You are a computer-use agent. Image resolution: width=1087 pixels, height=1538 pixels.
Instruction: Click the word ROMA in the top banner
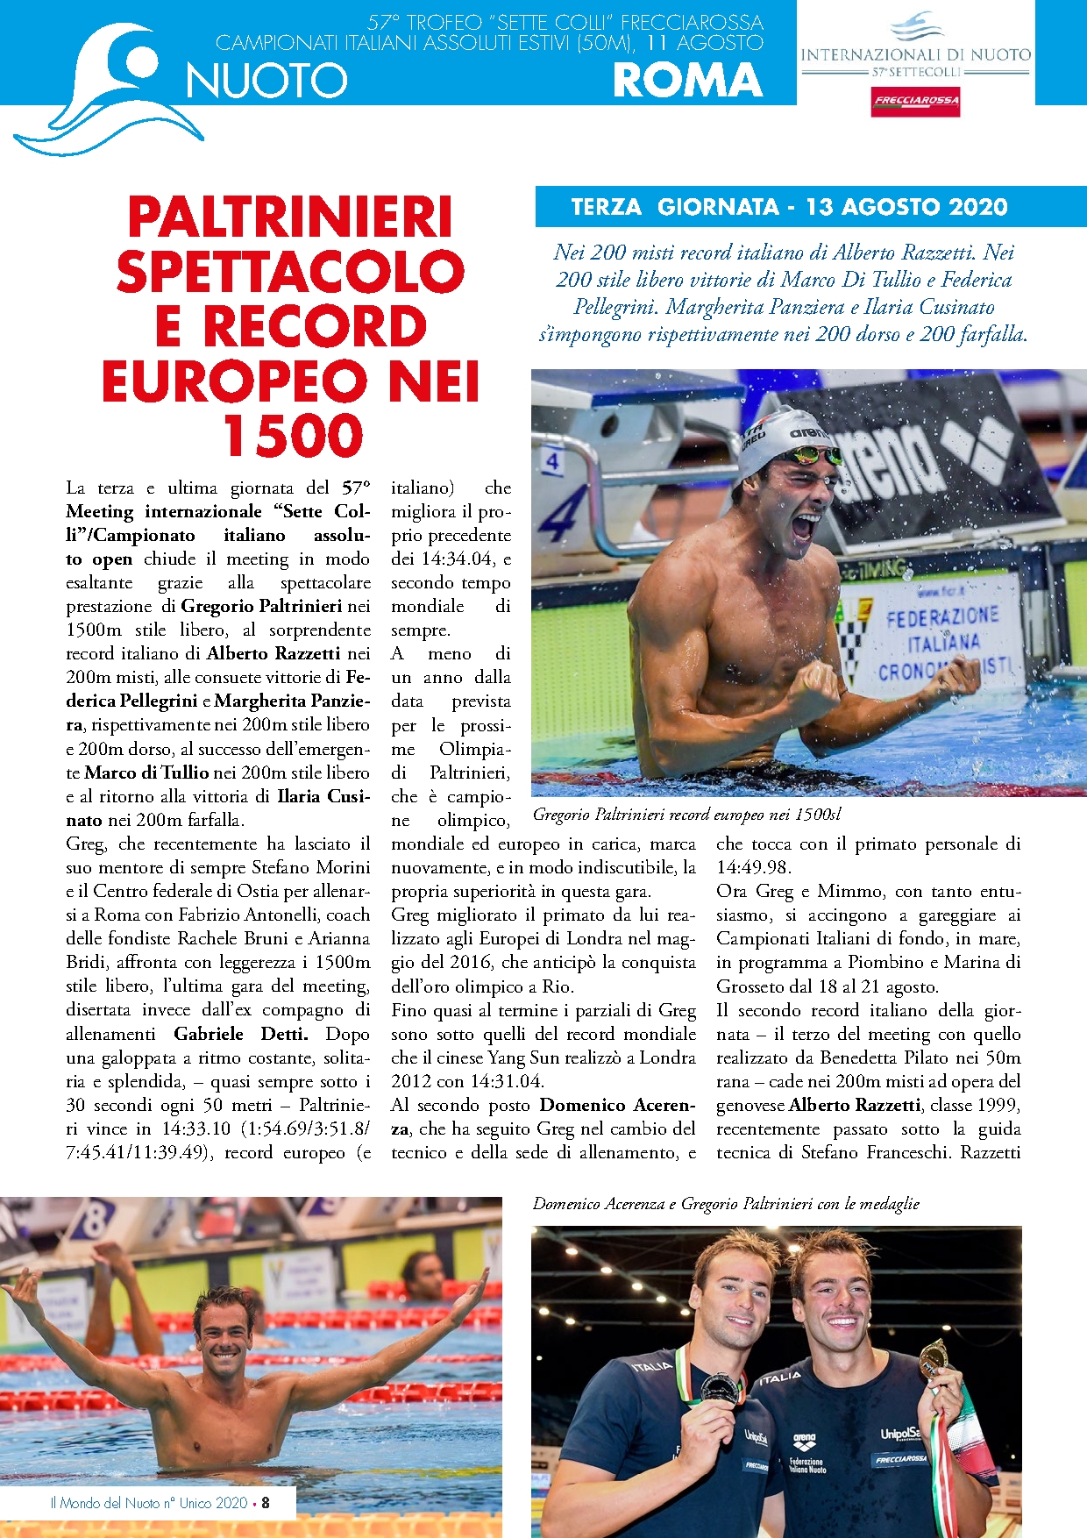687,80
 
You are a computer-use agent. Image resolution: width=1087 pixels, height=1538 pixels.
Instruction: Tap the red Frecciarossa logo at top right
915,101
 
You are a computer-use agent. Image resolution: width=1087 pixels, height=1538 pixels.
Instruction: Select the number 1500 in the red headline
292,436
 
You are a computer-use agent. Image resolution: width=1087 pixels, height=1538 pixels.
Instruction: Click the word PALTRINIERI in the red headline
290,217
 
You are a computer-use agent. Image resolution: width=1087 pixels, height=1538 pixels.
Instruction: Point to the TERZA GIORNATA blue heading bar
789,207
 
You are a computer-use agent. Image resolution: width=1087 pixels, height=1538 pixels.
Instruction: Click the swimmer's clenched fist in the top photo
815,684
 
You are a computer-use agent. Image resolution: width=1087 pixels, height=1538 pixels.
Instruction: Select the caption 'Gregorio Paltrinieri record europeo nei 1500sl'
687,815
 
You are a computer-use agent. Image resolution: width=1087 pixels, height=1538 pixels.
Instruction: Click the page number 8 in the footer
266,1502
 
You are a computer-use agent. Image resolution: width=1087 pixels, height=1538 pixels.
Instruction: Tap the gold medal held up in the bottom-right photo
932,1358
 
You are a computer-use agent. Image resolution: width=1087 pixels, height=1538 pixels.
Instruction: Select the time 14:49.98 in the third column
753,867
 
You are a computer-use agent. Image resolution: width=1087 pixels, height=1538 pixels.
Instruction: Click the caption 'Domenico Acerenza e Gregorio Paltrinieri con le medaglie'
726,1204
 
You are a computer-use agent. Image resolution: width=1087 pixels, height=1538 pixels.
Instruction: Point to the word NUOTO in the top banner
267,81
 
